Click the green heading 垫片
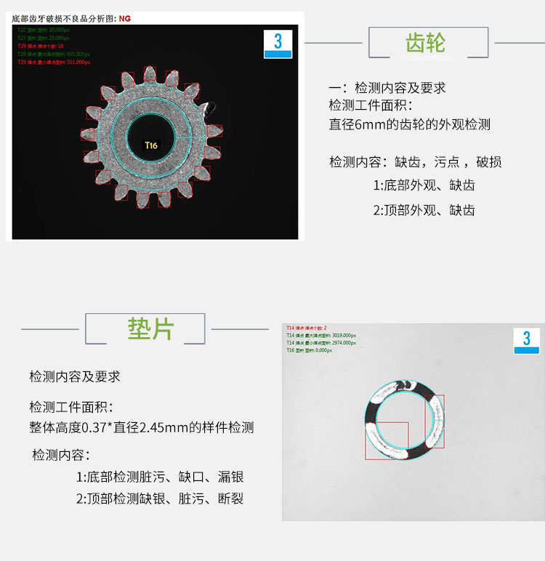point(150,328)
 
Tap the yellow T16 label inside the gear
point(150,145)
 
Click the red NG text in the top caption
point(124,17)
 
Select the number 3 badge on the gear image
point(278,43)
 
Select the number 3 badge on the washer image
point(527,340)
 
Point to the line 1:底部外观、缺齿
point(424,185)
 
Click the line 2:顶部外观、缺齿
point(424,211)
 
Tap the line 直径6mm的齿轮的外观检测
point(410,124)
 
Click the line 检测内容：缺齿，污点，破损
point(415,161)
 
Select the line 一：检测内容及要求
point(387,88)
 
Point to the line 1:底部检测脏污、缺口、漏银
point(160,477)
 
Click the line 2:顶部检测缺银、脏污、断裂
point(160,499)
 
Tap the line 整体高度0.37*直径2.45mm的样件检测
point(142,427)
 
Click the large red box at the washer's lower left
point(387,441)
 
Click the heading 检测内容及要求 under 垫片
point(75,376)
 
